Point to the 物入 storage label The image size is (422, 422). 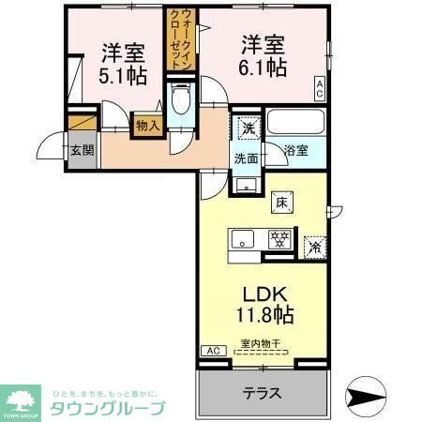[x=147, y=123]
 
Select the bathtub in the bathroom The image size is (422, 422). [x=295, y=122]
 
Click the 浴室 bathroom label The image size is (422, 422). [x=295, y=149]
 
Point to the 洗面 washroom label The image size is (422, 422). [x=247, y=158]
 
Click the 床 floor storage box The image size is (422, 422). [x=281, y=201]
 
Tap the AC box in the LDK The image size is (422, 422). [x=213, y=351]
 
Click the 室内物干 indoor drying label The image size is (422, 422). [x=264, y=343]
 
